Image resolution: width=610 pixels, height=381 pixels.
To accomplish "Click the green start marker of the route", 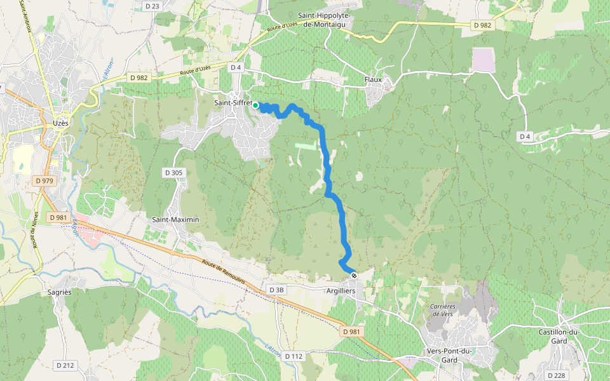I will [255, 105].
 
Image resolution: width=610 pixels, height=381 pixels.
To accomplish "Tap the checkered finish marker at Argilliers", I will [354, 275].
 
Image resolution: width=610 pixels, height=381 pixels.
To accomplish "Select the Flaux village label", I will [373, 79].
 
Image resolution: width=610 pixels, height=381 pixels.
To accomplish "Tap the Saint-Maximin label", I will [175, 219].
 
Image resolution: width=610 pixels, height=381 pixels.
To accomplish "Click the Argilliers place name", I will [341, 290].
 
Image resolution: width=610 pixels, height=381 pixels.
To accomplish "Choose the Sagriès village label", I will [59, 291].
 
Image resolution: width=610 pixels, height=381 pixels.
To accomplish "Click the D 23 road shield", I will [152, 6].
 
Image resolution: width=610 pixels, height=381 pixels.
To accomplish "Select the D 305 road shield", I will [173, 172].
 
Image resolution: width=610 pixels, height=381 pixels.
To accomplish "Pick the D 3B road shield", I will [276, 290].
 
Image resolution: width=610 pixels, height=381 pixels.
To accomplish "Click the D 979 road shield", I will [44, 181].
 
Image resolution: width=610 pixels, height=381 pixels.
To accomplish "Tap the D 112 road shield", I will [294, 356].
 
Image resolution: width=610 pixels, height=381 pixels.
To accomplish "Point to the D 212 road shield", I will [65, 365].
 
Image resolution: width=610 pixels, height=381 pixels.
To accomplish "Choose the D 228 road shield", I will [555, 375].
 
